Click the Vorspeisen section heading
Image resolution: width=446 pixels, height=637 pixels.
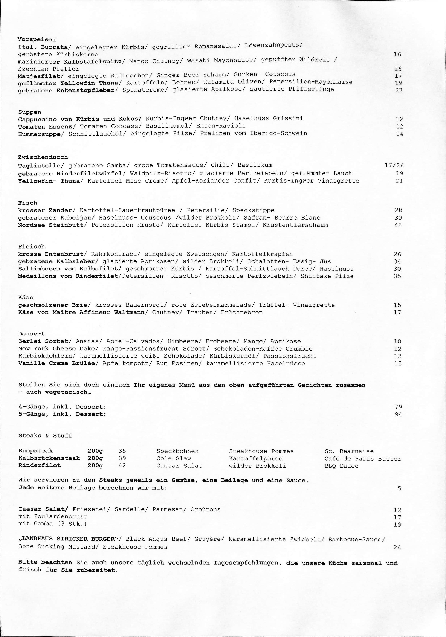click(36, 39)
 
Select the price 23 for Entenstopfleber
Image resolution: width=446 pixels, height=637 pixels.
click(398, 90)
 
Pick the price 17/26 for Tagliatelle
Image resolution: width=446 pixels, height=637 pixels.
click(394, 166)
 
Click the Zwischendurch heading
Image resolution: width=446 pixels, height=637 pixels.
click(43, 157)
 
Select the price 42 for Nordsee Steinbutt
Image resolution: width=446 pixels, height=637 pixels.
click(398, 225)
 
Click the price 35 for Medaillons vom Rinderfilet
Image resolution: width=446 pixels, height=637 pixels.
click(397, 276)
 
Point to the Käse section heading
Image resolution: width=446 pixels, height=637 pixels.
click(26, 297)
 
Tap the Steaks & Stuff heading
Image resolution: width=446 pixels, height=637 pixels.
click(45, 436)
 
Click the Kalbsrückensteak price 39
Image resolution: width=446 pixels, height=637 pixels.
click(122, 458)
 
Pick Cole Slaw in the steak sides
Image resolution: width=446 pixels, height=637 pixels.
click(174, 458)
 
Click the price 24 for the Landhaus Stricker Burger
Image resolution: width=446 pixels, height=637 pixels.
click(397, 547)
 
